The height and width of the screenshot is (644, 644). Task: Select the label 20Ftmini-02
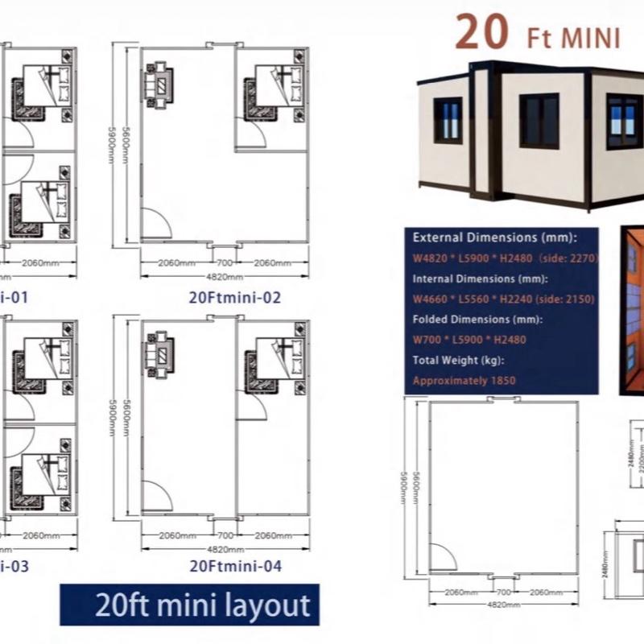pos(234,297)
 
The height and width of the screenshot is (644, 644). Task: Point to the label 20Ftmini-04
pos(235,566)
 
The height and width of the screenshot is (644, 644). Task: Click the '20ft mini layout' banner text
pos(191,604)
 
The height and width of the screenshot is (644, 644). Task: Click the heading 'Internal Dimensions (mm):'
pos(481,279)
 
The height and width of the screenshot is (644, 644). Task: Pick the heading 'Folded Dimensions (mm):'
pos(477,320)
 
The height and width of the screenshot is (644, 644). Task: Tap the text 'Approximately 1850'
pos(464,380)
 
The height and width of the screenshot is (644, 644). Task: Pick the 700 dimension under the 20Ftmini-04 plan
pos(224,535)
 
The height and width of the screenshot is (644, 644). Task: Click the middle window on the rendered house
pos(539,121)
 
